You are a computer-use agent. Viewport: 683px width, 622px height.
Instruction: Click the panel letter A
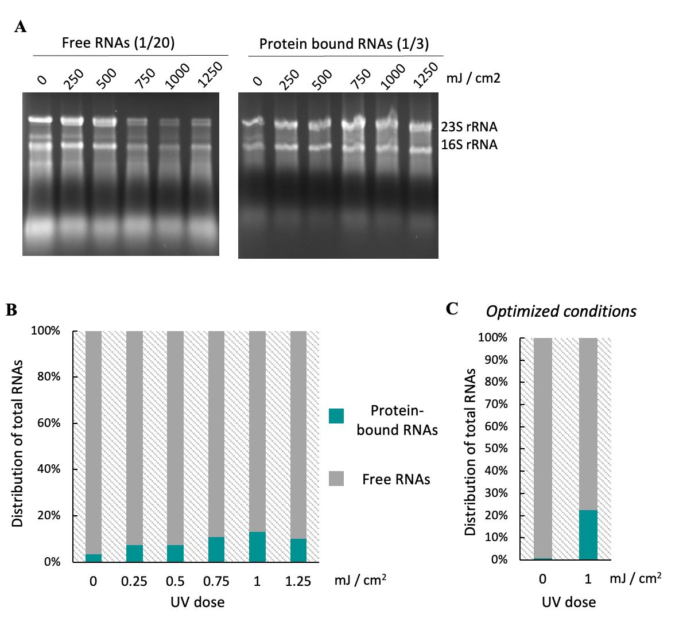coord(21,26)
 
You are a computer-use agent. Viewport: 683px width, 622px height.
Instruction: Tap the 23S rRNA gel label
coord(469,127)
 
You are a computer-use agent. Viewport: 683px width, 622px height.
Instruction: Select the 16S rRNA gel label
coord(469,145)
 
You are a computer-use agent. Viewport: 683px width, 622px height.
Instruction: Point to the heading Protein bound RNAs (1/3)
coord(344,44)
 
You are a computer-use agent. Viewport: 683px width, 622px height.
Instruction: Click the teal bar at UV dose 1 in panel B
coord(257,547)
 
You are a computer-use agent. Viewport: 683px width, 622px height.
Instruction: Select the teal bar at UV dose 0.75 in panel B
coord(216,549)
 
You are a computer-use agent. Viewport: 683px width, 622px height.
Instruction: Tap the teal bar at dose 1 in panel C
coord(588,535)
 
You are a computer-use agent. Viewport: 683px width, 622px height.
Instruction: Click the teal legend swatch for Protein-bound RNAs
coord(336,416)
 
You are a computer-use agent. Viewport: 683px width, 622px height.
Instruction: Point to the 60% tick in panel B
coord(49,423)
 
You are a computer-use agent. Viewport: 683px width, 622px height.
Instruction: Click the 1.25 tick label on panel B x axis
coord(298,581)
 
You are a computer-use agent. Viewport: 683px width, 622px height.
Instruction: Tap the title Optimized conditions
coord(561,312)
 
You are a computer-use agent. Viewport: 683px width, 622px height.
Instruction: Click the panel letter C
coord(452,309)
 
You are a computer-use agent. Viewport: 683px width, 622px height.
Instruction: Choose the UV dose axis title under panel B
coord(197,602)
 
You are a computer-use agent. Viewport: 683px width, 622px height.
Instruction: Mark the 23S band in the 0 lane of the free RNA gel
coord(41,120)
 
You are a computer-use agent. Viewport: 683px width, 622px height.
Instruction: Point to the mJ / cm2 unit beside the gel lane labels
coord(474,78)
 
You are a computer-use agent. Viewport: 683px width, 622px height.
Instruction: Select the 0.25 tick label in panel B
coord(134,581)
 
